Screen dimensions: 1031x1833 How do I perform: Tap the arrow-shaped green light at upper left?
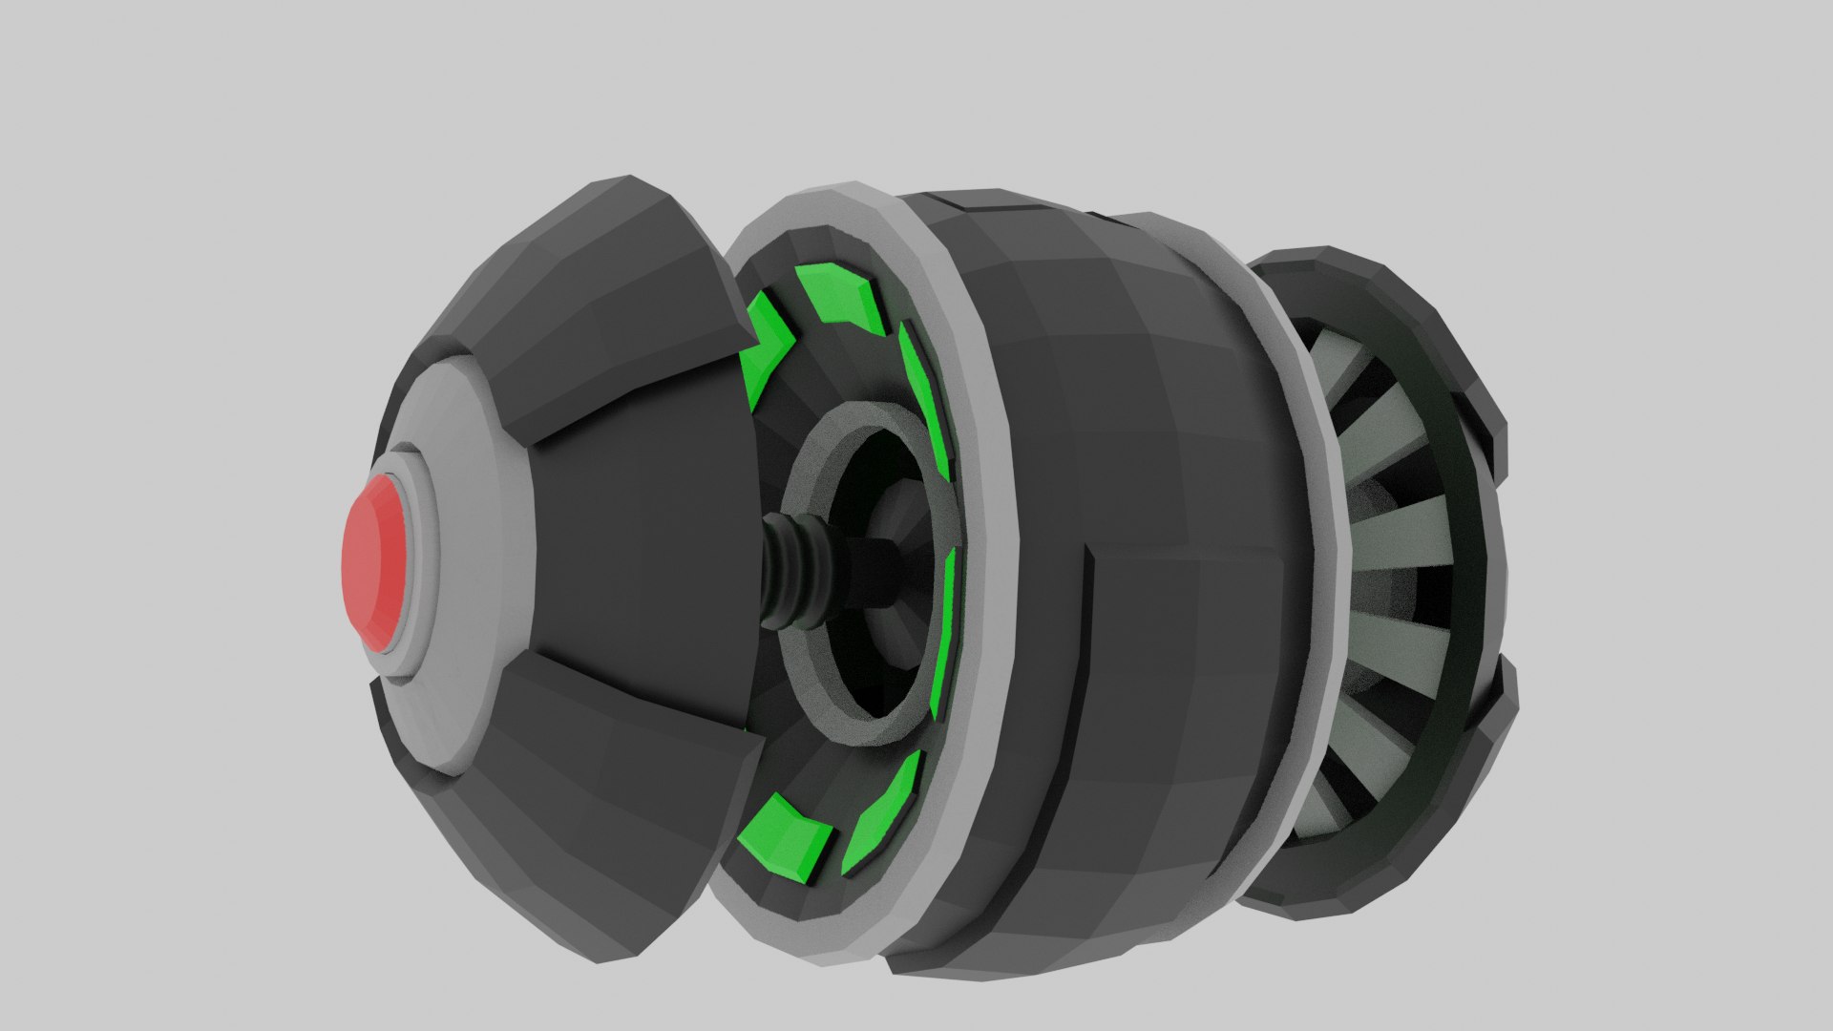769,353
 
